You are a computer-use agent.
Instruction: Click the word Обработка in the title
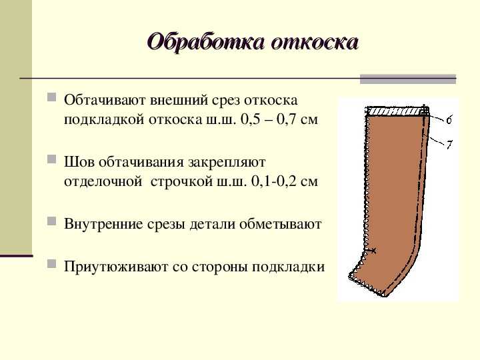(205, 42)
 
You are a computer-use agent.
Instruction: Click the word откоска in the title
(315, 42)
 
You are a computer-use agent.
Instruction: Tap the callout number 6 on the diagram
(449, 120)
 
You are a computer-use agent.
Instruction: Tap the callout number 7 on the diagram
(449, 145)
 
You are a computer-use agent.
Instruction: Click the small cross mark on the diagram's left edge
(371, 251)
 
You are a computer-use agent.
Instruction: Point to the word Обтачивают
(105, 100)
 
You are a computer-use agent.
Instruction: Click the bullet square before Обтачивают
(52, 97)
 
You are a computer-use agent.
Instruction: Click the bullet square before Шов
(52, 159)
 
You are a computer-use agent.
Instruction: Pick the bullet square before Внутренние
(52, 221)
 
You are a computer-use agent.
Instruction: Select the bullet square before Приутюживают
(52, 263)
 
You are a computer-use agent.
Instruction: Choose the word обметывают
(280, 224)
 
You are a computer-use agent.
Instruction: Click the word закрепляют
(227, 163)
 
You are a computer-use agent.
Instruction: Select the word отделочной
(103, 181)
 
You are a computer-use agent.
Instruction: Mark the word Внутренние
(103, 224)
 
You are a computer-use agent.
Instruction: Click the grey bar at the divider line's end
(408, 79)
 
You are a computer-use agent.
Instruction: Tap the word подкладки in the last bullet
(288, 267)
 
